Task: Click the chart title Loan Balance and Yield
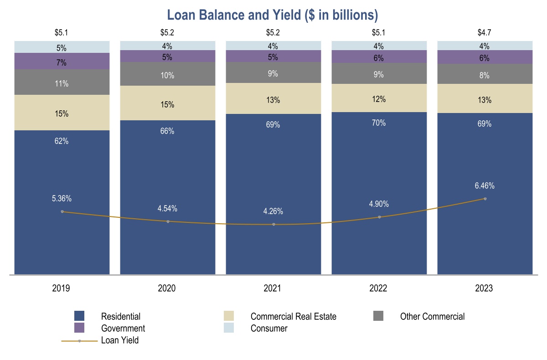pyautogui.click(x=273, y=15)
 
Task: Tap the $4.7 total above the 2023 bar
pyautogui.click(x=485, y=33)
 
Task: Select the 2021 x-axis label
pyautogui.click(x=273, y=288)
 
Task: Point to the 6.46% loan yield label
pyautogui.click(x=484, y=186)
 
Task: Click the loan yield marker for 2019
pyautogui.click(x=62, y=211)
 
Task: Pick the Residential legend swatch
pyautogui.click(x=79, y=316)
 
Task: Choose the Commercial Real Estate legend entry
pyautogui.click(x=293, y=316)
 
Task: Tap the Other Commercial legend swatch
pyautogui.click(x=378, y=316)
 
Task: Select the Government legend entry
pyautogui.click(x=123, y=328)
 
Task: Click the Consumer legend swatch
pyautogui.click(x=229, y=328)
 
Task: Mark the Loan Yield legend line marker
pyautogui.click(x=79, y=340)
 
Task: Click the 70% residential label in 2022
pyautogui.click(x=379, y=123)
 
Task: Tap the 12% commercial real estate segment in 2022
pyautogui.click(x=379, y=98)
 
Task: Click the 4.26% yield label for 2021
pyautogui.click(x=273, y=211)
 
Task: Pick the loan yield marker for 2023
pyautogui.click(x=485, y=199)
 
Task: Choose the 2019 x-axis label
pyautogui.click(x=62, y=288)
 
